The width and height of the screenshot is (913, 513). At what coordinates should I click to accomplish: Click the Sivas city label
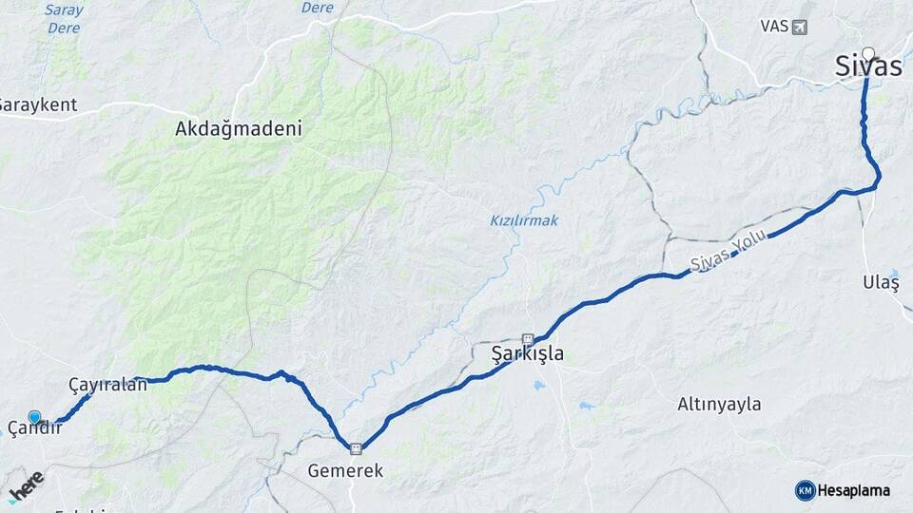pyautogui.click(x=867, y=66)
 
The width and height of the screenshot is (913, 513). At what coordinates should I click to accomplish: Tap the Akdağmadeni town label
pyautogui.click(x=239, y=129)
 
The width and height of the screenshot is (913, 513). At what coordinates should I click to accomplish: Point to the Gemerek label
pyautogui.click(x=345, y=470)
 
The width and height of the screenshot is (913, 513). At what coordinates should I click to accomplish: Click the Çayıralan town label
pyautogui.click(x=108, y=385)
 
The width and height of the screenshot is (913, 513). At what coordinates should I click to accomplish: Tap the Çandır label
pyautogui.click(x=35, y=429)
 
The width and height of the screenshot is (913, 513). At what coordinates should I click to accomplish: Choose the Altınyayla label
pyautogui.click(x=719, y=404)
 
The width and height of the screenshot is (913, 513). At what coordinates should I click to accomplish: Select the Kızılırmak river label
pyautogui.click(x=524, y=220)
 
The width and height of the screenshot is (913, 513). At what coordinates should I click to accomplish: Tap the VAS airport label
pyautogui.click(x=774, y=26)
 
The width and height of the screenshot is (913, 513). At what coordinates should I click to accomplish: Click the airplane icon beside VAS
pyautogui.click(x=799, y=26)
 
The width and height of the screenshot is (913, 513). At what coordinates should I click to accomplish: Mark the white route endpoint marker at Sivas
pyautogui.click(x=868, y=53)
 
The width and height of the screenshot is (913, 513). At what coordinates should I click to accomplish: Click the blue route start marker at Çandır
pyautogui.click(x=35, y=416)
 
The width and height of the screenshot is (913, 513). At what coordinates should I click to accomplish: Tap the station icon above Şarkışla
pyautogui.click(x=528, y=337)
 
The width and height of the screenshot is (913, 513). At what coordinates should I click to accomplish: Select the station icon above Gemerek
pyautogui.click(x=356, y=449)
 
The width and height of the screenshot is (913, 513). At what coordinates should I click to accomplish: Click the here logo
pyautogui.click(x=26, y=484)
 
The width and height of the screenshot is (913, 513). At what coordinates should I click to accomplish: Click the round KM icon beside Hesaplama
pyautogui.click(x=805, y=490)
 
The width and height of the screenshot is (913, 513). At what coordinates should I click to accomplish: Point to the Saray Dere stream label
pyautogui.click(x=65, y=19)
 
